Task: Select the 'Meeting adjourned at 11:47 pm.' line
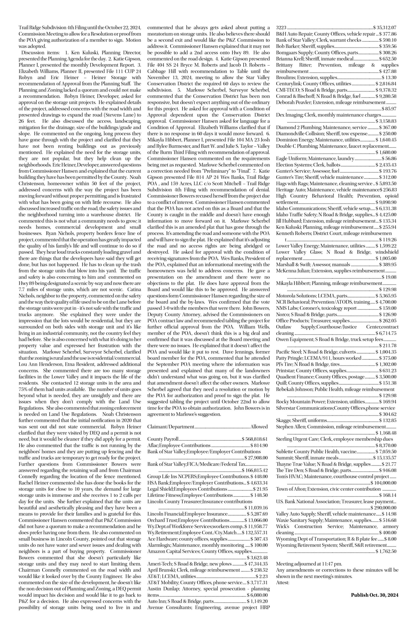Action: [309, 564]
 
